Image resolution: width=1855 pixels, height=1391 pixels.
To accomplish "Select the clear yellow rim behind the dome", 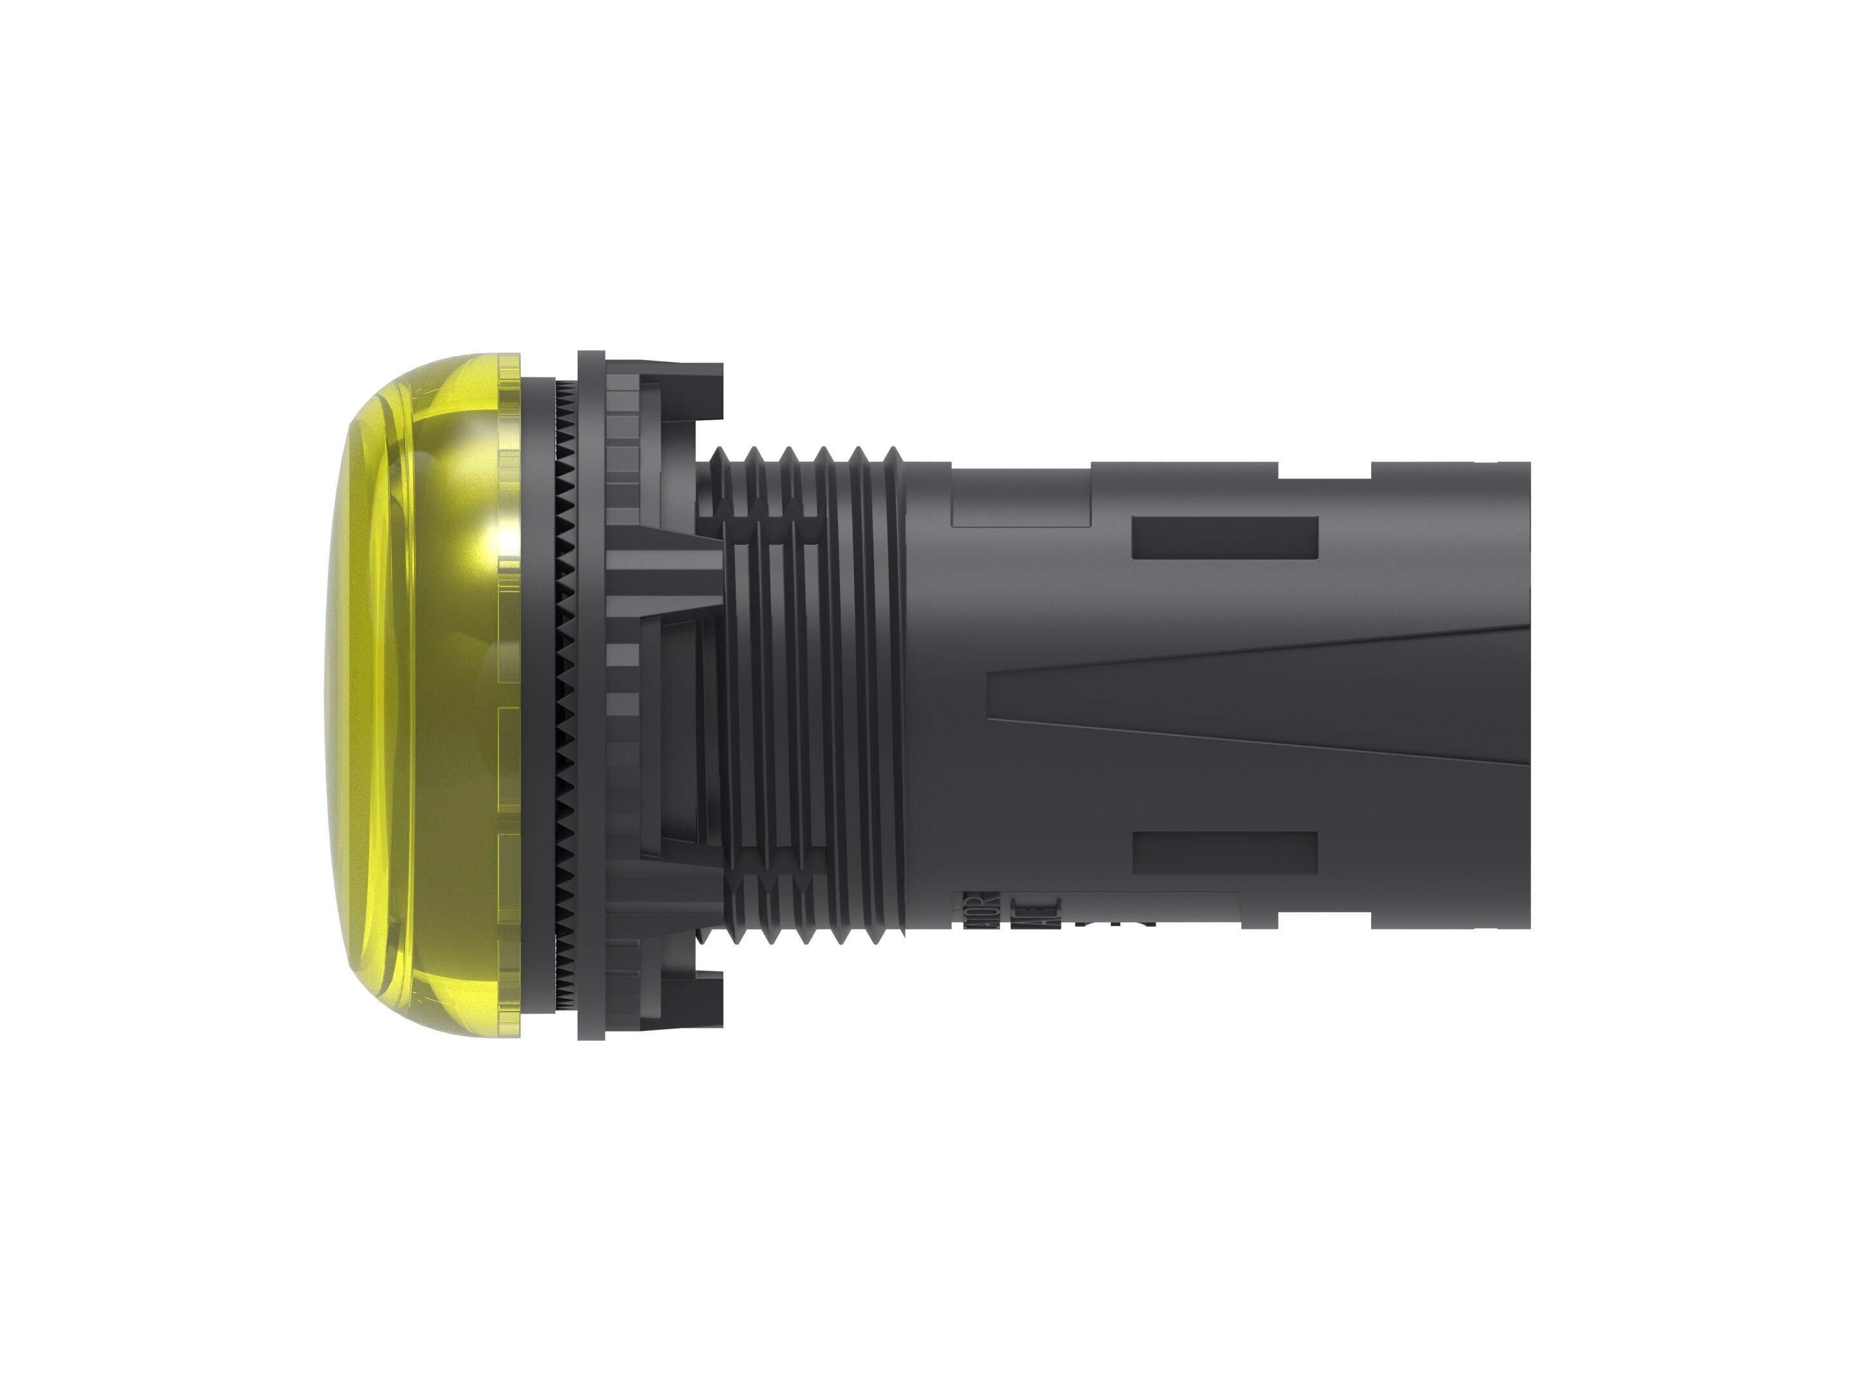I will pyautogui.click(x=509, y=696).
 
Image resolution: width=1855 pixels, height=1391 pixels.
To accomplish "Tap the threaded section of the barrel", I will pyautogui.click(x=805, y=696).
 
